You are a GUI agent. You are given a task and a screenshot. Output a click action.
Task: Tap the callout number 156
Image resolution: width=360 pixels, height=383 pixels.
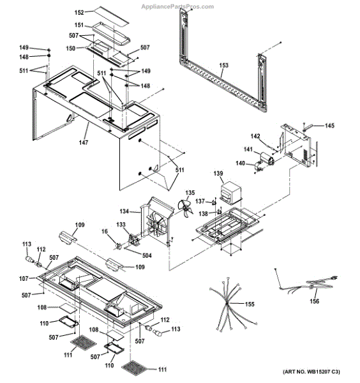(313, 303)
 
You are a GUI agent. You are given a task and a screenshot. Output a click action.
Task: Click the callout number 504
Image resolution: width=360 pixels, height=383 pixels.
(147, 255)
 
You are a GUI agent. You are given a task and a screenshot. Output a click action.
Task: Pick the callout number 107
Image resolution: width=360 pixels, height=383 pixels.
(24, 278)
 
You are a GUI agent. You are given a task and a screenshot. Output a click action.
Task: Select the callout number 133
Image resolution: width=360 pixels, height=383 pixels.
(121, 225)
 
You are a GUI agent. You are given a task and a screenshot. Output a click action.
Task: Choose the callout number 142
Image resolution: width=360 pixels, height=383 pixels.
(255, 136)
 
